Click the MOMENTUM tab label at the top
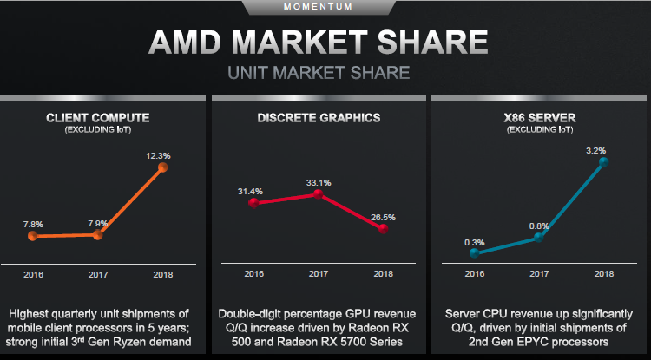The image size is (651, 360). click(324, 7)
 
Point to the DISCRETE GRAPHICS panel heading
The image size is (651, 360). click(318, 117)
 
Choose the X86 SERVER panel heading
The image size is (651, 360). click(538, 117)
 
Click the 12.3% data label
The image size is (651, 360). click(158, 155)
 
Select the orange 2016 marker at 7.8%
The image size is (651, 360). click(33, 235)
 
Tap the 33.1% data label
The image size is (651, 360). click(319, 183)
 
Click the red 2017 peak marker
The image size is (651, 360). click(318, 194)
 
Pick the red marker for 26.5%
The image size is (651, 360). click(383, 228)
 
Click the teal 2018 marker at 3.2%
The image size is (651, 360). click(604, 160)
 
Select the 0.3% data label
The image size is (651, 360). click(474, 242)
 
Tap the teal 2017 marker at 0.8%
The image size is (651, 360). click(539, 236)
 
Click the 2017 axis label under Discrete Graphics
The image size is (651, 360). click(318, 275)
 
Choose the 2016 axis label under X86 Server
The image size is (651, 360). click(474, 275)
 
